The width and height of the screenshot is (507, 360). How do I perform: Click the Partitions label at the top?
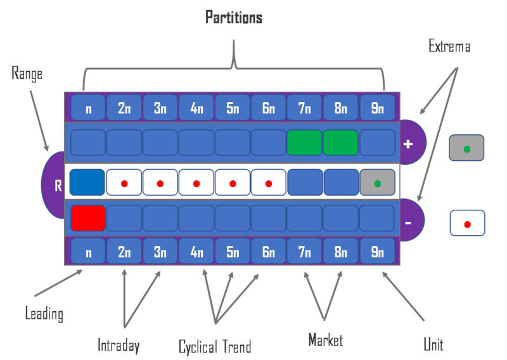(x=234, y=17)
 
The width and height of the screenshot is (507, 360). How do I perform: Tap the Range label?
(x=27, y=74)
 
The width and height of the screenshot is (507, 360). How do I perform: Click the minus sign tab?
(x=409, y=222)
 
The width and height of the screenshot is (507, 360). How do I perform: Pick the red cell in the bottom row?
(x=87, y=217)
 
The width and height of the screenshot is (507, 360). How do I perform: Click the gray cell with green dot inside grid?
(x=377, y=184)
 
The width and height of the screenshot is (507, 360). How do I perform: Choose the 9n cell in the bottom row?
(x=377, y=252)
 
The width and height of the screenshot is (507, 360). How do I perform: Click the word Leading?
(x=44, y=312)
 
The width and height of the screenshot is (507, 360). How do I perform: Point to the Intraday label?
(x=119, y=345)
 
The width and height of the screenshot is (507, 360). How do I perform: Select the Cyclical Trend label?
(x=215, y=346)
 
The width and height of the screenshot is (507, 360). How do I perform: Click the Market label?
(x=325, y=340)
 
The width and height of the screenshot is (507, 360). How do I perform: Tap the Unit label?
(x=433, y=344)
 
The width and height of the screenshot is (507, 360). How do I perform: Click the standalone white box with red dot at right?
(x=467, y=224)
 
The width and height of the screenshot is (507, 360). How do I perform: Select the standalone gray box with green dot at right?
(x=467, y=149)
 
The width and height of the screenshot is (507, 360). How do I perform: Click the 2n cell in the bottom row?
(x=124, y=252)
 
